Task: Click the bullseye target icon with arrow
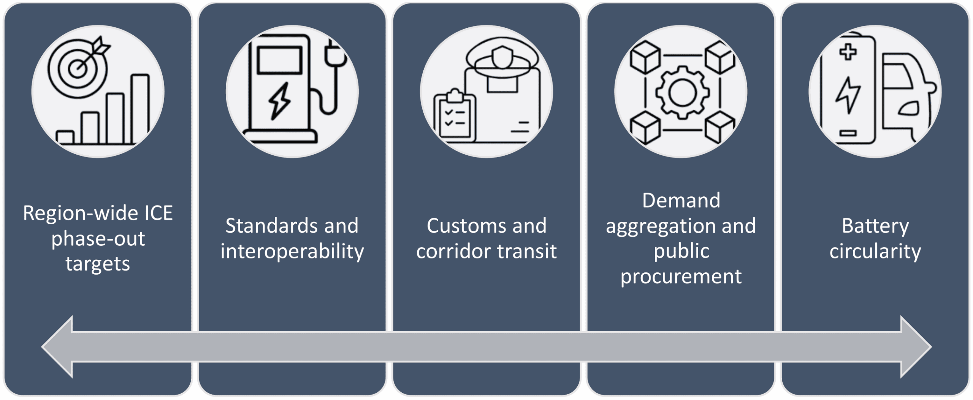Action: pyautogui.click(x=78, y=69)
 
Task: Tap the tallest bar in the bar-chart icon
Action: pyautogui.click(x=139, y=108)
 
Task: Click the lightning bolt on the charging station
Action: pyautogui.click(x=280, y=101)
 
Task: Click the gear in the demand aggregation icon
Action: pyautogui.click(x=682, y=93)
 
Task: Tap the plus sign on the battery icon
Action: pyautogui.click(x=848, y=52)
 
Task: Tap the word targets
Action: pyautogui.click(x=98, y=264)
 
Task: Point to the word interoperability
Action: pyautogui.click(x=292, y=251)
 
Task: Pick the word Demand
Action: pyautogui.click(x=681, y=201)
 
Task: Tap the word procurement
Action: pyautogui.click(x=681, y=277)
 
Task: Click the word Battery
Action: pyautogui.click(x=875, y=226)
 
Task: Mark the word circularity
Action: pyautogui.click(x=875, y=251)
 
